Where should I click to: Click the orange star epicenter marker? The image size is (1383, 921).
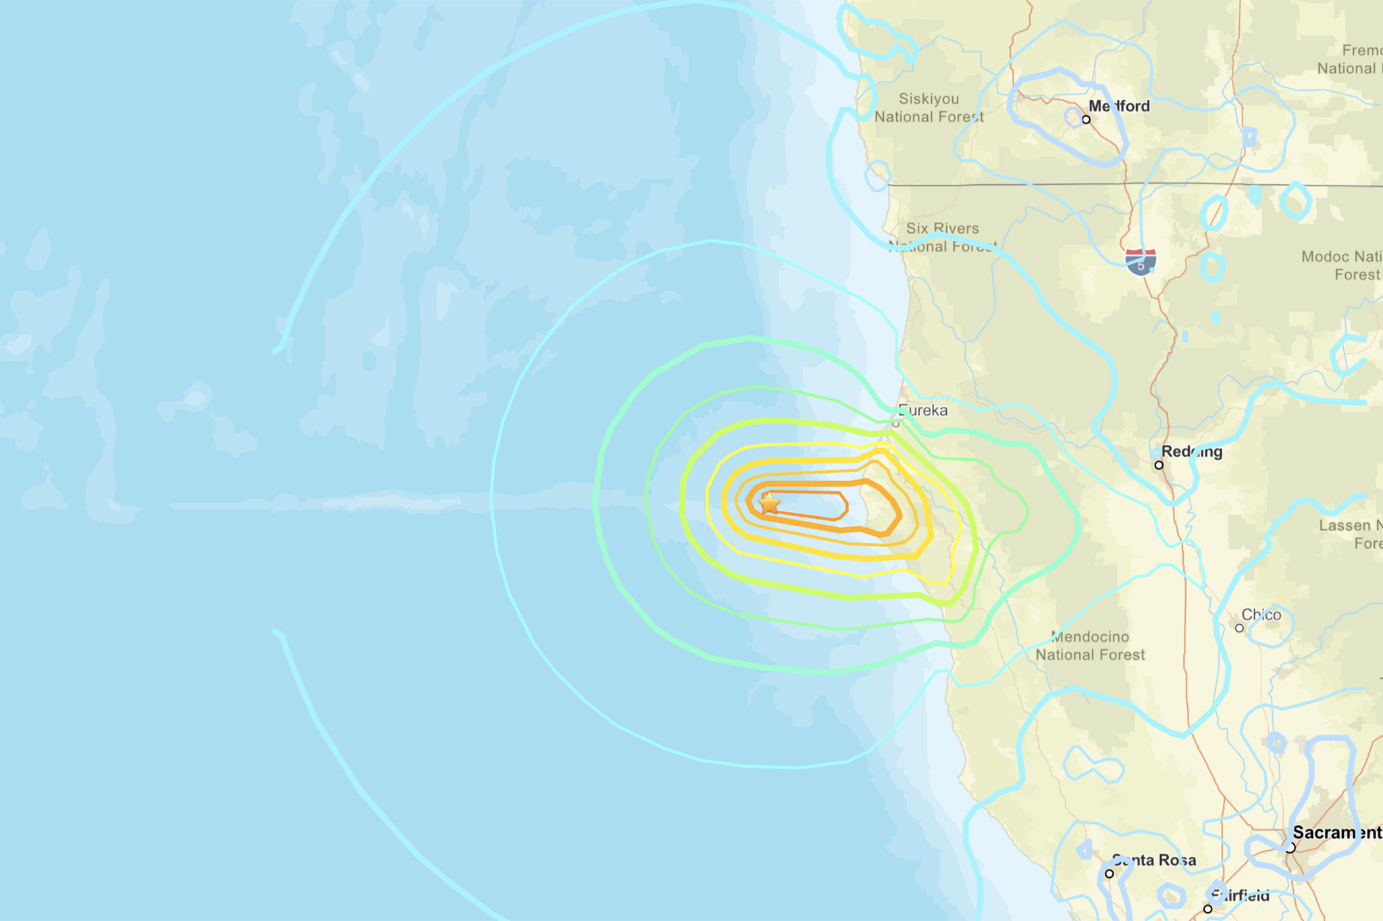click(x=769, y=503)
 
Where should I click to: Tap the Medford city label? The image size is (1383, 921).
click(x=1119, y=106)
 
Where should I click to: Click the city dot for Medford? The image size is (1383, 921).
click(x=1086, y=119)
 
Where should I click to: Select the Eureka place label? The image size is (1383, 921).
click(x=923, y=410)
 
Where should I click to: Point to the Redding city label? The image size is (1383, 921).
click(x=1192, y=451)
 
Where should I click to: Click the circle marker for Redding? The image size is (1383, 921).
click(x=1159, y=465)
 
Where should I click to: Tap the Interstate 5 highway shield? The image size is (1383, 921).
click(x=1141, y=262)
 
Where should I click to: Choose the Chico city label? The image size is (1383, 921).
click(x=1261, y=615)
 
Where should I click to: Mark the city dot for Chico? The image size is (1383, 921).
click(x=1239, y=628)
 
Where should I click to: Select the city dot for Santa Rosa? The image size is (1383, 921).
click(x=1110, y=874)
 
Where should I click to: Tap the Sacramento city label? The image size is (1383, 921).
click(x=1337, y=833)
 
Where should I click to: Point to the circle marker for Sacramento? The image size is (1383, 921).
click(x=1290, y=847)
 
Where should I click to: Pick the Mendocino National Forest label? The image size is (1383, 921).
click(x=1090, y=646)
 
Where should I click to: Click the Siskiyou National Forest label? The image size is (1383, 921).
click(x=929, y=108)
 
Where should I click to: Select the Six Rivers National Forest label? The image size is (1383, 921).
click(x=943, y=238)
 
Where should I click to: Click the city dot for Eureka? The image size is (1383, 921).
click(x=896, y=424)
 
